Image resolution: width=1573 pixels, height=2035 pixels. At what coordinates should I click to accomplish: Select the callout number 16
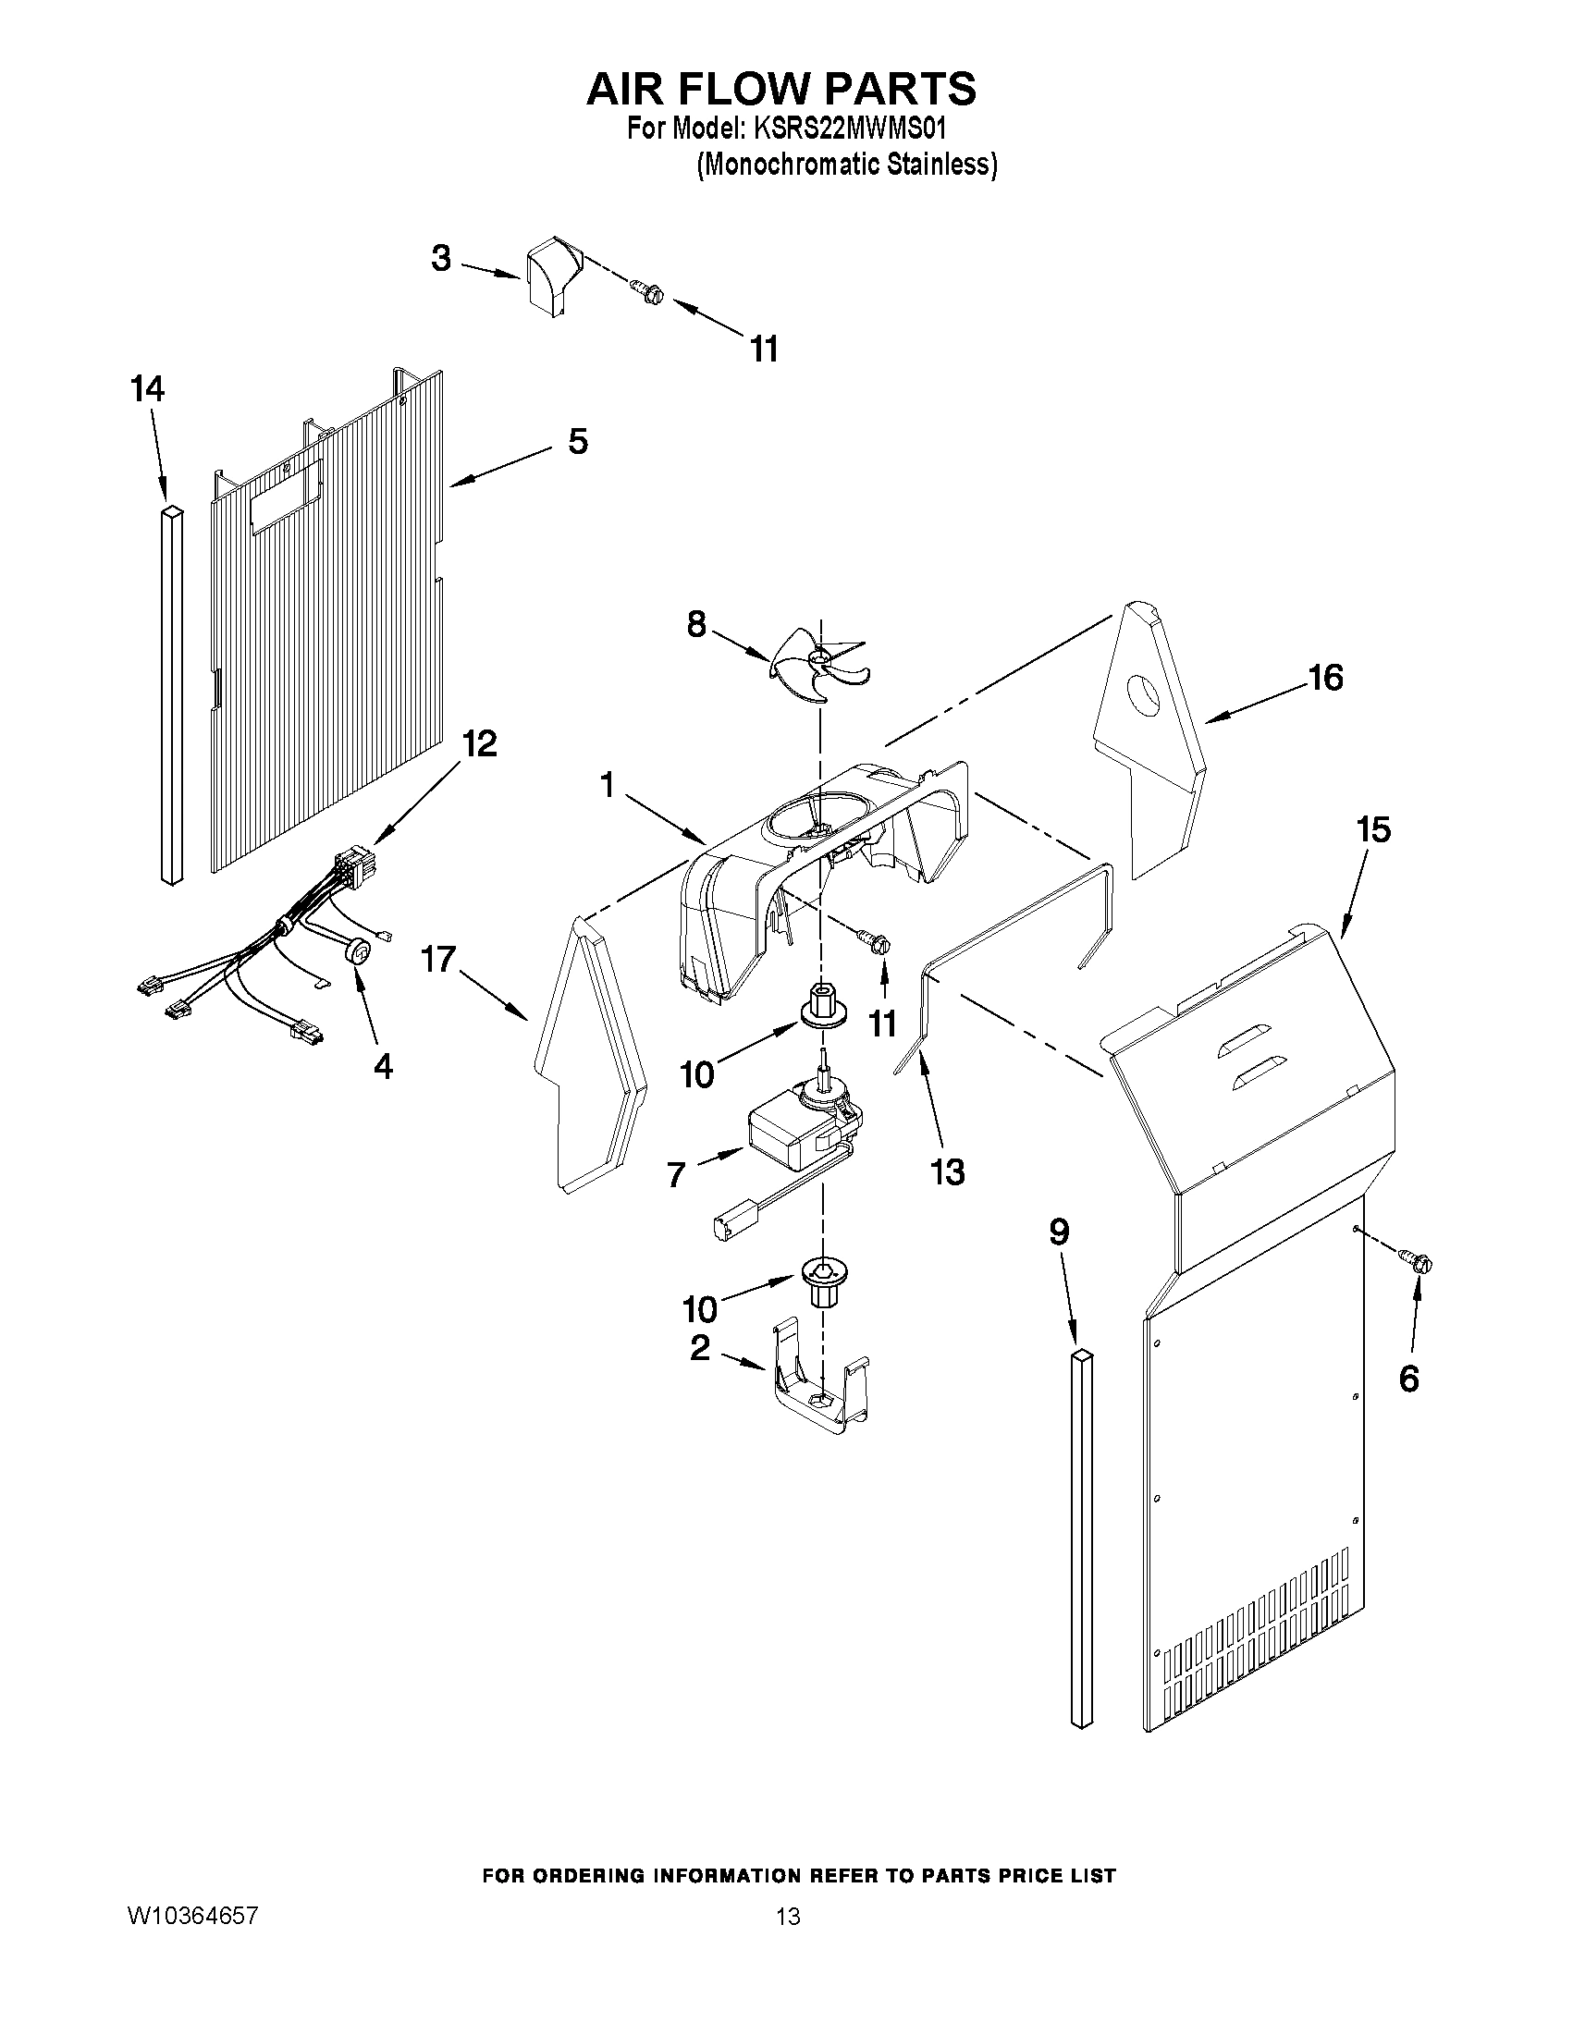[1326, 678]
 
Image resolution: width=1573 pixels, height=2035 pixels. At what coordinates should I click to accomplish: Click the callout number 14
[147, 388]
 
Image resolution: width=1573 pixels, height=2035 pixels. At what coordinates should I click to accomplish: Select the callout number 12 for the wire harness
[479, 743]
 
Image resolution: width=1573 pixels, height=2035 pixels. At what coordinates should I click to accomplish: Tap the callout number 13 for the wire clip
[948, 1171]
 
